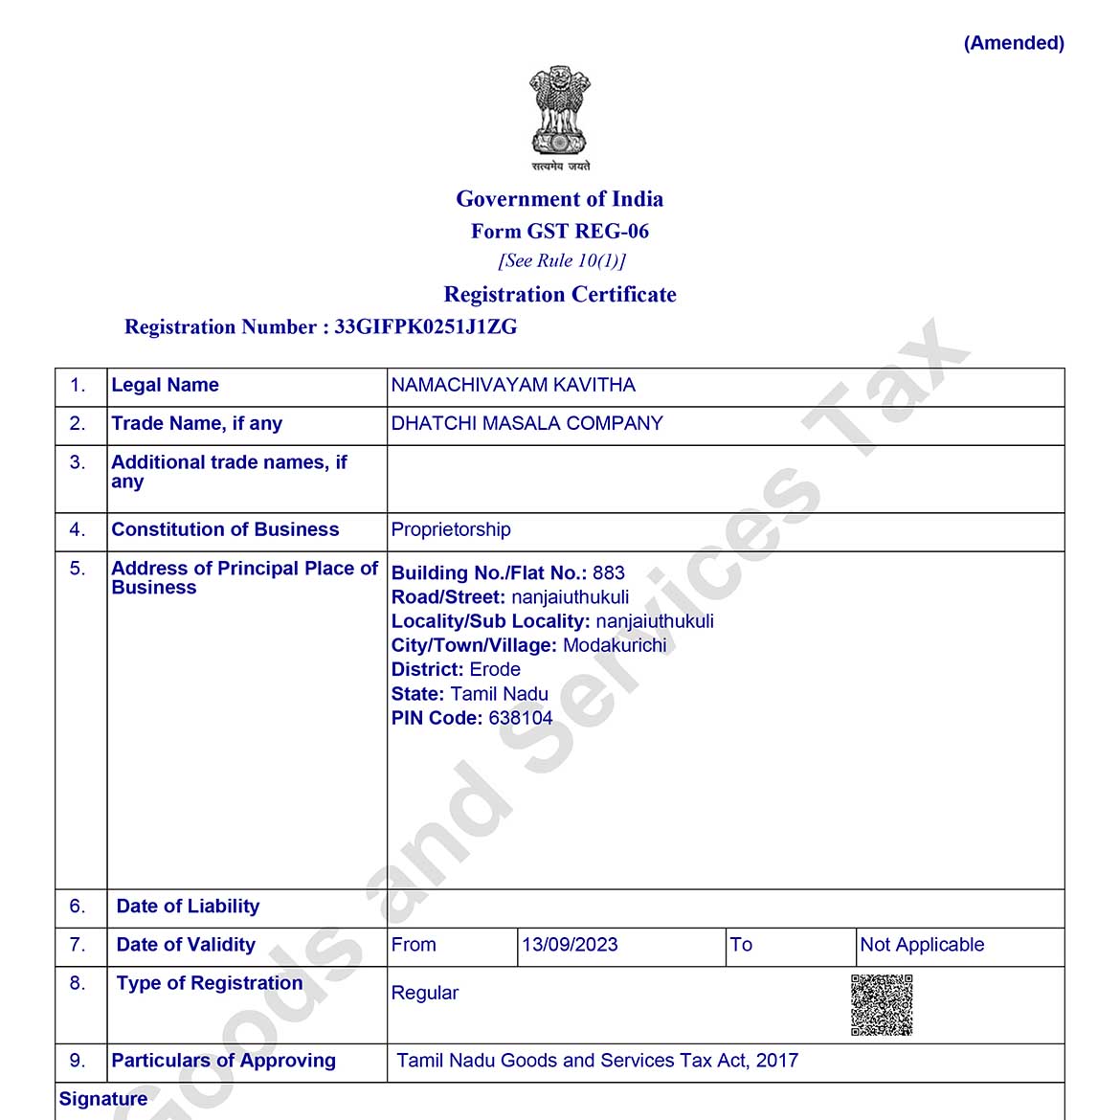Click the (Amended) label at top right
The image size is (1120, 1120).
[1014, 43]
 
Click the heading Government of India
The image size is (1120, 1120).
[560, 199]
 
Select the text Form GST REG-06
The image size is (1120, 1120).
[560, 232]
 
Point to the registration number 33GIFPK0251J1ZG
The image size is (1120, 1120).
[426, 327]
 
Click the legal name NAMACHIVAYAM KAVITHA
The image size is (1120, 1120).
[513, 386]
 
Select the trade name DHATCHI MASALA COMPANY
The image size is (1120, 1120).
[526, 424]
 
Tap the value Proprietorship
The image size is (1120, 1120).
[451, 530]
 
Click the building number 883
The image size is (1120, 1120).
[609, 573]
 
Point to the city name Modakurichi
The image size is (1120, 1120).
[615, 646]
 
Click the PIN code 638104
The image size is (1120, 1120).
[521, 718]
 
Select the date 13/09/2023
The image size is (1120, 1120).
[570, 945]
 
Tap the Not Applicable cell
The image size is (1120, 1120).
[922, 945]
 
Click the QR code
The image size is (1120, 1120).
[882, 1005]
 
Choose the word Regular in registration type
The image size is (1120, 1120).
[425, 994]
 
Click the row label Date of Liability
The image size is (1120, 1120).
[188, 907]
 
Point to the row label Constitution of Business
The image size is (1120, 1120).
[225, 530]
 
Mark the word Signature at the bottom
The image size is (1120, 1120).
[103, 1099]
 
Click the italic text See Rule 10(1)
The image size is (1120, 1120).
[562, 261]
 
